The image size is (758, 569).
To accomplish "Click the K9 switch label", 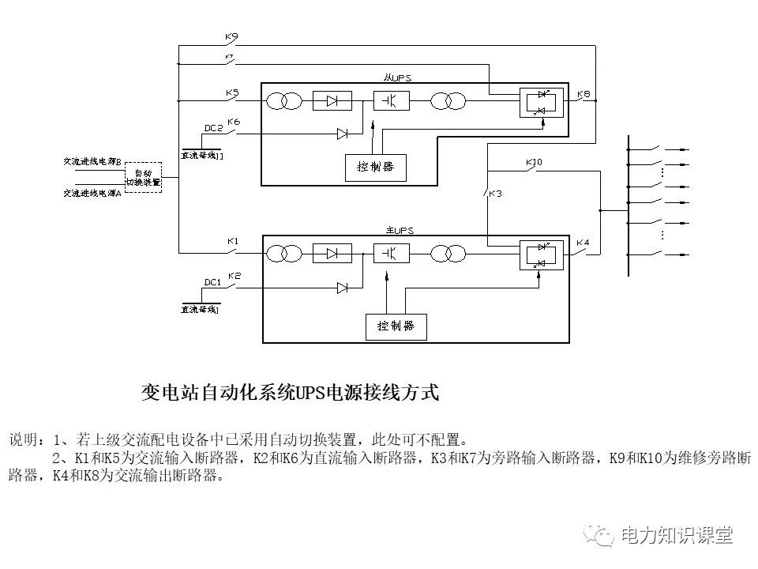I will tap(231, 36).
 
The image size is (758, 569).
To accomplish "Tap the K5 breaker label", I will tap(231, 93).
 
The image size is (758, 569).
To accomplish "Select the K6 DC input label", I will tap(233, 122).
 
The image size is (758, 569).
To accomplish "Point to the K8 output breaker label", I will tap(584, 94).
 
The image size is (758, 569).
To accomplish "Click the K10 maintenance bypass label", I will tap(534, 163).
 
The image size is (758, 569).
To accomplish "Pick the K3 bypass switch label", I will tap(494, 194).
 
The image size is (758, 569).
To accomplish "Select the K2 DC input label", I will tap(234, 276).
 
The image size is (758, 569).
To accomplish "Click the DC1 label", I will tap(212, 282).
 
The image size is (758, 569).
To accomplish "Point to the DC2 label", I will tap(212, 128).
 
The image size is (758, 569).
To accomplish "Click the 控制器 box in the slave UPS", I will tap(376, 167).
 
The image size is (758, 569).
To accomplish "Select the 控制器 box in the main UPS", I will tap(396, 326).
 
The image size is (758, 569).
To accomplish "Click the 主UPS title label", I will tap(400, 230).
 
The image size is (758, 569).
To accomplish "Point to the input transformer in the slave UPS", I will tap(284, 101).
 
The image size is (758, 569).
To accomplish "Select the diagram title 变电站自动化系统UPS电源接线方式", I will tap(289, 393).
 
